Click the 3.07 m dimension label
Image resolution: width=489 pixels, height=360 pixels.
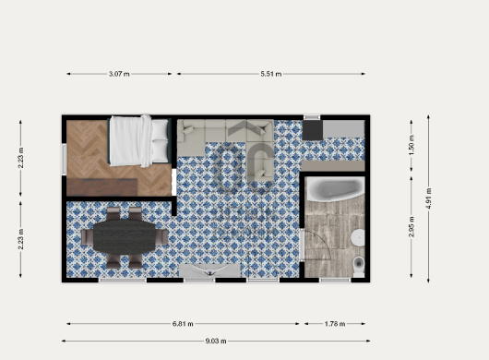tap(119, 74)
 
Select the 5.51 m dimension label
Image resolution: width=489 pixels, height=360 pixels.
tap(271, 74)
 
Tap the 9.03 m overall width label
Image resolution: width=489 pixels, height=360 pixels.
tap(216, 341)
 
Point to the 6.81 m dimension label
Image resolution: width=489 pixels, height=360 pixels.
tap(183, 324)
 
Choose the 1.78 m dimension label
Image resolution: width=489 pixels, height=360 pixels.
tap(335, 324)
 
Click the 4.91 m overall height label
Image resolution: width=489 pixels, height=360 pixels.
tap(428, 198)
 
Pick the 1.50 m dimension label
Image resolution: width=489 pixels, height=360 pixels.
tap(411, 145)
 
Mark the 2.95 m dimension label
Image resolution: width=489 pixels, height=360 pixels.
tap(411, 227)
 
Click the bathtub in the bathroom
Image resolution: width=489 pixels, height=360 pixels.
tap(335, 188)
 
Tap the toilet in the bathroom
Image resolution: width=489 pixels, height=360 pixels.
tap(359, 267)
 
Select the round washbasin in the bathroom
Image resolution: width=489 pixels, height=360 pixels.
tap(358, 238)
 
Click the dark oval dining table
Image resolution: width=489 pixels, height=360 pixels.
tap(125, 236)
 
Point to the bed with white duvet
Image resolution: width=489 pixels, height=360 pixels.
tap(138, 140)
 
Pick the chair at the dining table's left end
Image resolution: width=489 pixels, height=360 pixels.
tap(87, 237)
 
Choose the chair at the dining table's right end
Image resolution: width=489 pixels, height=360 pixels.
tap(161, 237)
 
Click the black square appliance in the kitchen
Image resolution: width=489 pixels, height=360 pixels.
tap(313, 130)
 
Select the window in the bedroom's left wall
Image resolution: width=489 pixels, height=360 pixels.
tap(65, 159)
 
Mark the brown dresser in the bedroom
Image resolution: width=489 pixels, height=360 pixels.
tap(102, 187)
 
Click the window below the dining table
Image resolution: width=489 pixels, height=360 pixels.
tap(123, 280)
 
